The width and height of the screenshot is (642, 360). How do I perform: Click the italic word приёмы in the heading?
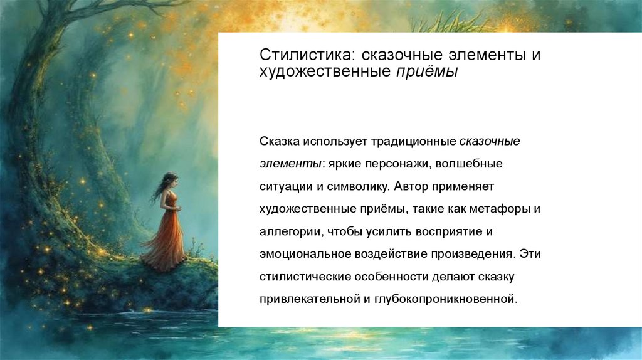427,71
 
